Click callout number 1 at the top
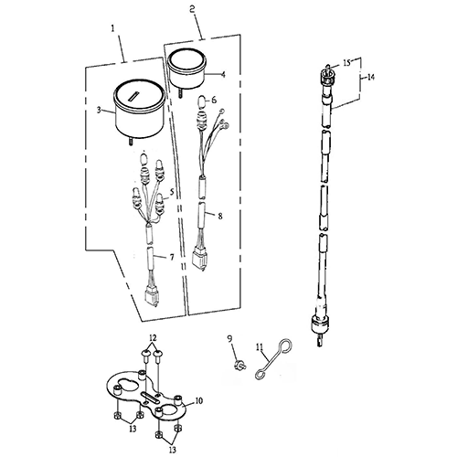113,28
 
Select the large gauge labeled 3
139,111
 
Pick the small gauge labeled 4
187,69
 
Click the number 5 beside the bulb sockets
172,192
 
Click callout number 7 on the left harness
172,258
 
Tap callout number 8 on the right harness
220,216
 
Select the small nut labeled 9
240,365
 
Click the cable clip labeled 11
273,360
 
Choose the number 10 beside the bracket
198,401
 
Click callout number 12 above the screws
153,338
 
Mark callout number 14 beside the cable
370,78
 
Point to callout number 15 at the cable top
347,63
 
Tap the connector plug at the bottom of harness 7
152,298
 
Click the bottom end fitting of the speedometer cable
319,331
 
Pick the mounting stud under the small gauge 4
179,92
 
